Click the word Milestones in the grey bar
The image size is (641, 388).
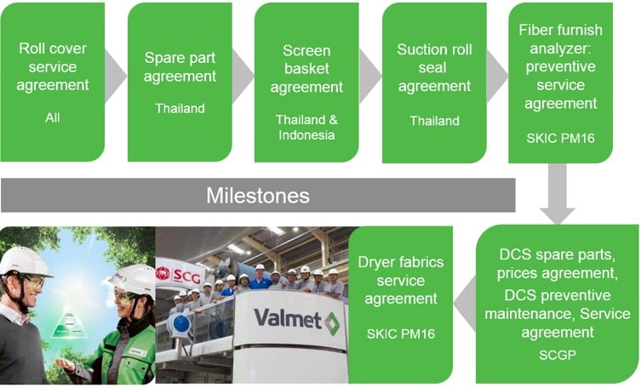258,196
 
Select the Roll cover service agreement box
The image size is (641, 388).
53,82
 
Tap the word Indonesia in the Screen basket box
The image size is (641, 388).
306,134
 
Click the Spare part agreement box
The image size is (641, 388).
180,82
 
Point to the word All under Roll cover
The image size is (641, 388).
53,117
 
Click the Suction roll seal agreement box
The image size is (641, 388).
434,83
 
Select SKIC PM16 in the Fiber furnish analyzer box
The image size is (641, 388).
560,138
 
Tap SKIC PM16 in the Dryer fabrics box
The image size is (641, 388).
401,334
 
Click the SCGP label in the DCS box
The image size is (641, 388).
558,355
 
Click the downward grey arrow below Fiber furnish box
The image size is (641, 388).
558,194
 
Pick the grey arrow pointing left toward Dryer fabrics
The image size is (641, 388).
466,304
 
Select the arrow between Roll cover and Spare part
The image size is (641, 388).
116,76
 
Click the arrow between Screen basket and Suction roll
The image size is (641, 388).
370,76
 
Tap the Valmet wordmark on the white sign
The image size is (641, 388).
288,318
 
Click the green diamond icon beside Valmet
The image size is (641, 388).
332,323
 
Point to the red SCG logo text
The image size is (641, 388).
186,277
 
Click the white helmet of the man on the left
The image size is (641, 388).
25,261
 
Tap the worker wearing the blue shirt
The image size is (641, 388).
259,278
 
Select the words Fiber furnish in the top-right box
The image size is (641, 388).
560,30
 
